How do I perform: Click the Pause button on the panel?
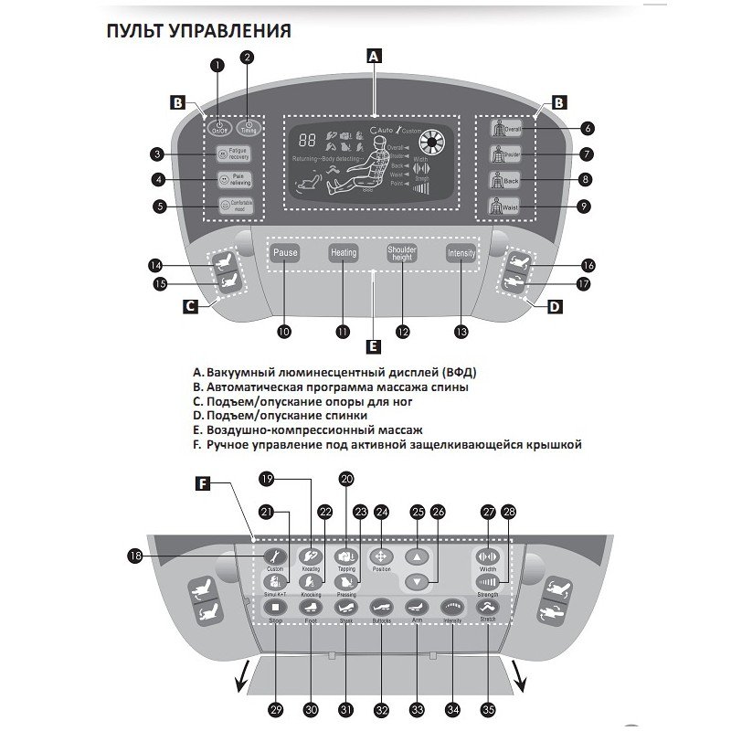(284, 253)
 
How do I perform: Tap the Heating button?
(343, 253)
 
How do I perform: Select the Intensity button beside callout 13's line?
(461, 253)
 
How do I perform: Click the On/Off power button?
(220, 129)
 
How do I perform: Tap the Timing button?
(248, 129)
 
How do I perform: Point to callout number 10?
(284, 333)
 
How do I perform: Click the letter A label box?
(373, 55)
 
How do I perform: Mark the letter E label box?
(373, 346)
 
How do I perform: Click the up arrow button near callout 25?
(417, 556)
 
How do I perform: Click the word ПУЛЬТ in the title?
(134, 31)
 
